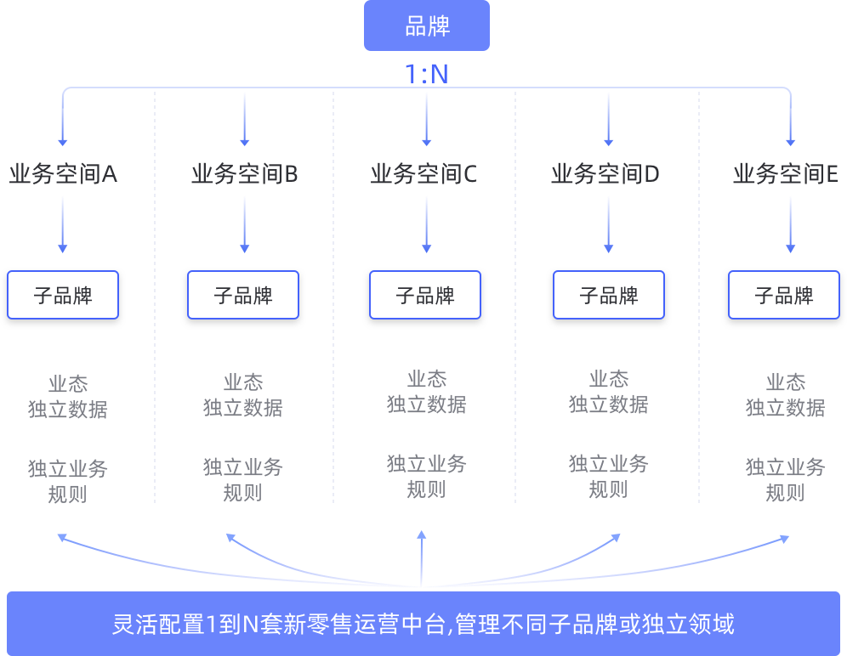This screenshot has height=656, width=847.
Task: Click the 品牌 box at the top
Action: (427, 25)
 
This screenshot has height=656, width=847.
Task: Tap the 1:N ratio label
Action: (426, 74)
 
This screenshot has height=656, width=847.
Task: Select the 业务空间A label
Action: (63, 174)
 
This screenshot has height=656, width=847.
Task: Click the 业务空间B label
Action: (244, 174)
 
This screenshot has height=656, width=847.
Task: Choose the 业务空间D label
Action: (605, 174)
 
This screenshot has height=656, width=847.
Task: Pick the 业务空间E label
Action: (786, 174)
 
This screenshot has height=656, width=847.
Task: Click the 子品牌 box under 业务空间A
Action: (63, 295)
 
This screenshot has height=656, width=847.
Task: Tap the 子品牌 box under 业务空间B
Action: (243, 295)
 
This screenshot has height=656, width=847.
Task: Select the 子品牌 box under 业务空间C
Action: (425, 295)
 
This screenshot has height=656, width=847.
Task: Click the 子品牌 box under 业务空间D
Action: (609, 295)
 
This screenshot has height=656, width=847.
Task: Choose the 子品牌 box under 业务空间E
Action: (784, 295)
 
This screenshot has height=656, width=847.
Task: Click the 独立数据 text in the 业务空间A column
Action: (68, 410)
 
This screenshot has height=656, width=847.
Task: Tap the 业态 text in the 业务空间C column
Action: (426, 379)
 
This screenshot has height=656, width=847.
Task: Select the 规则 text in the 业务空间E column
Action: (785, 492)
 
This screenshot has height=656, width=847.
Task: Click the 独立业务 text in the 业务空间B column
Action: (243, 467)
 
